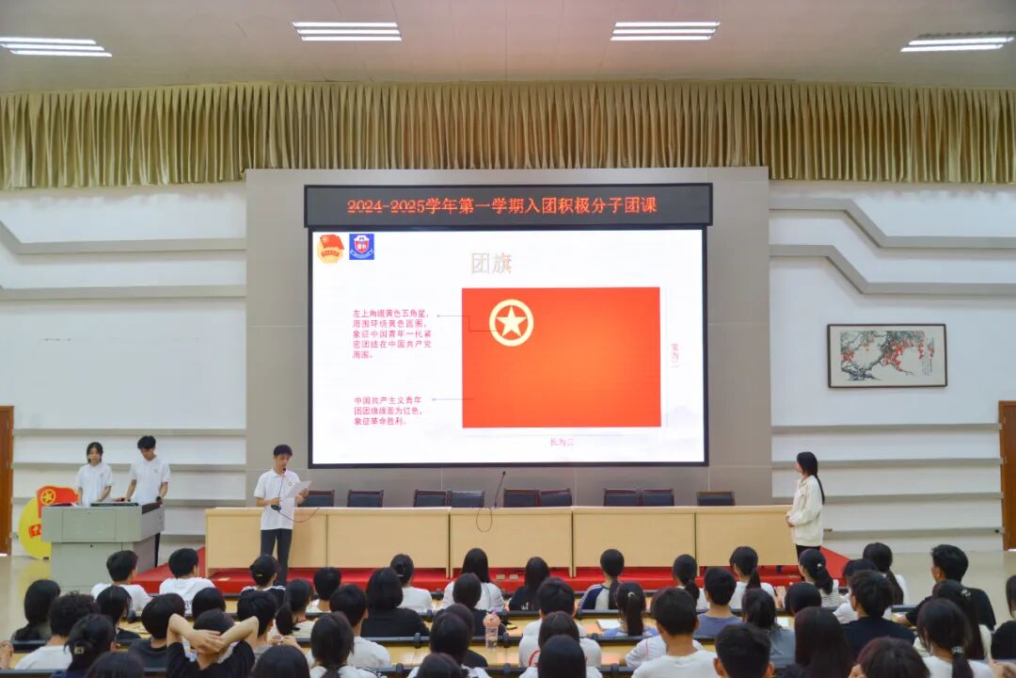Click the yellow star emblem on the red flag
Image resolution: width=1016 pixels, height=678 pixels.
point(511,323)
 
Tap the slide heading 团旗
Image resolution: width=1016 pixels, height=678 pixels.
point(491,263)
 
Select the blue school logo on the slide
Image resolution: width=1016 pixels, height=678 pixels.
point(361,247)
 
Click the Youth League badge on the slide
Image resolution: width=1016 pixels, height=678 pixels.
point(330,248)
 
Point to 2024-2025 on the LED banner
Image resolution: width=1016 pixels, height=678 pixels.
point(386,205)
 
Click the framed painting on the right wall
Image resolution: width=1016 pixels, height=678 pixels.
point(886,355)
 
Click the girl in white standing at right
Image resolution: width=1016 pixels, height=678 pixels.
point(806,503)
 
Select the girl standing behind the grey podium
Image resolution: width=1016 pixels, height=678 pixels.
point(93,474)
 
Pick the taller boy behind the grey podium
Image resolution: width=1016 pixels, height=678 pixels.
point(148,471)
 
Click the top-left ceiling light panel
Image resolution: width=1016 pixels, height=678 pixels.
point(55,46)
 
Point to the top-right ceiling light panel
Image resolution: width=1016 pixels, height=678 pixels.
point(957,42)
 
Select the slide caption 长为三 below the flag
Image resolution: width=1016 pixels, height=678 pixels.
point(562,441)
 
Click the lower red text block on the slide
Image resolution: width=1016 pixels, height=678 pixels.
point(388,411)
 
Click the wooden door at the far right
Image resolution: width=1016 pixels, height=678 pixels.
point(1007,476)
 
